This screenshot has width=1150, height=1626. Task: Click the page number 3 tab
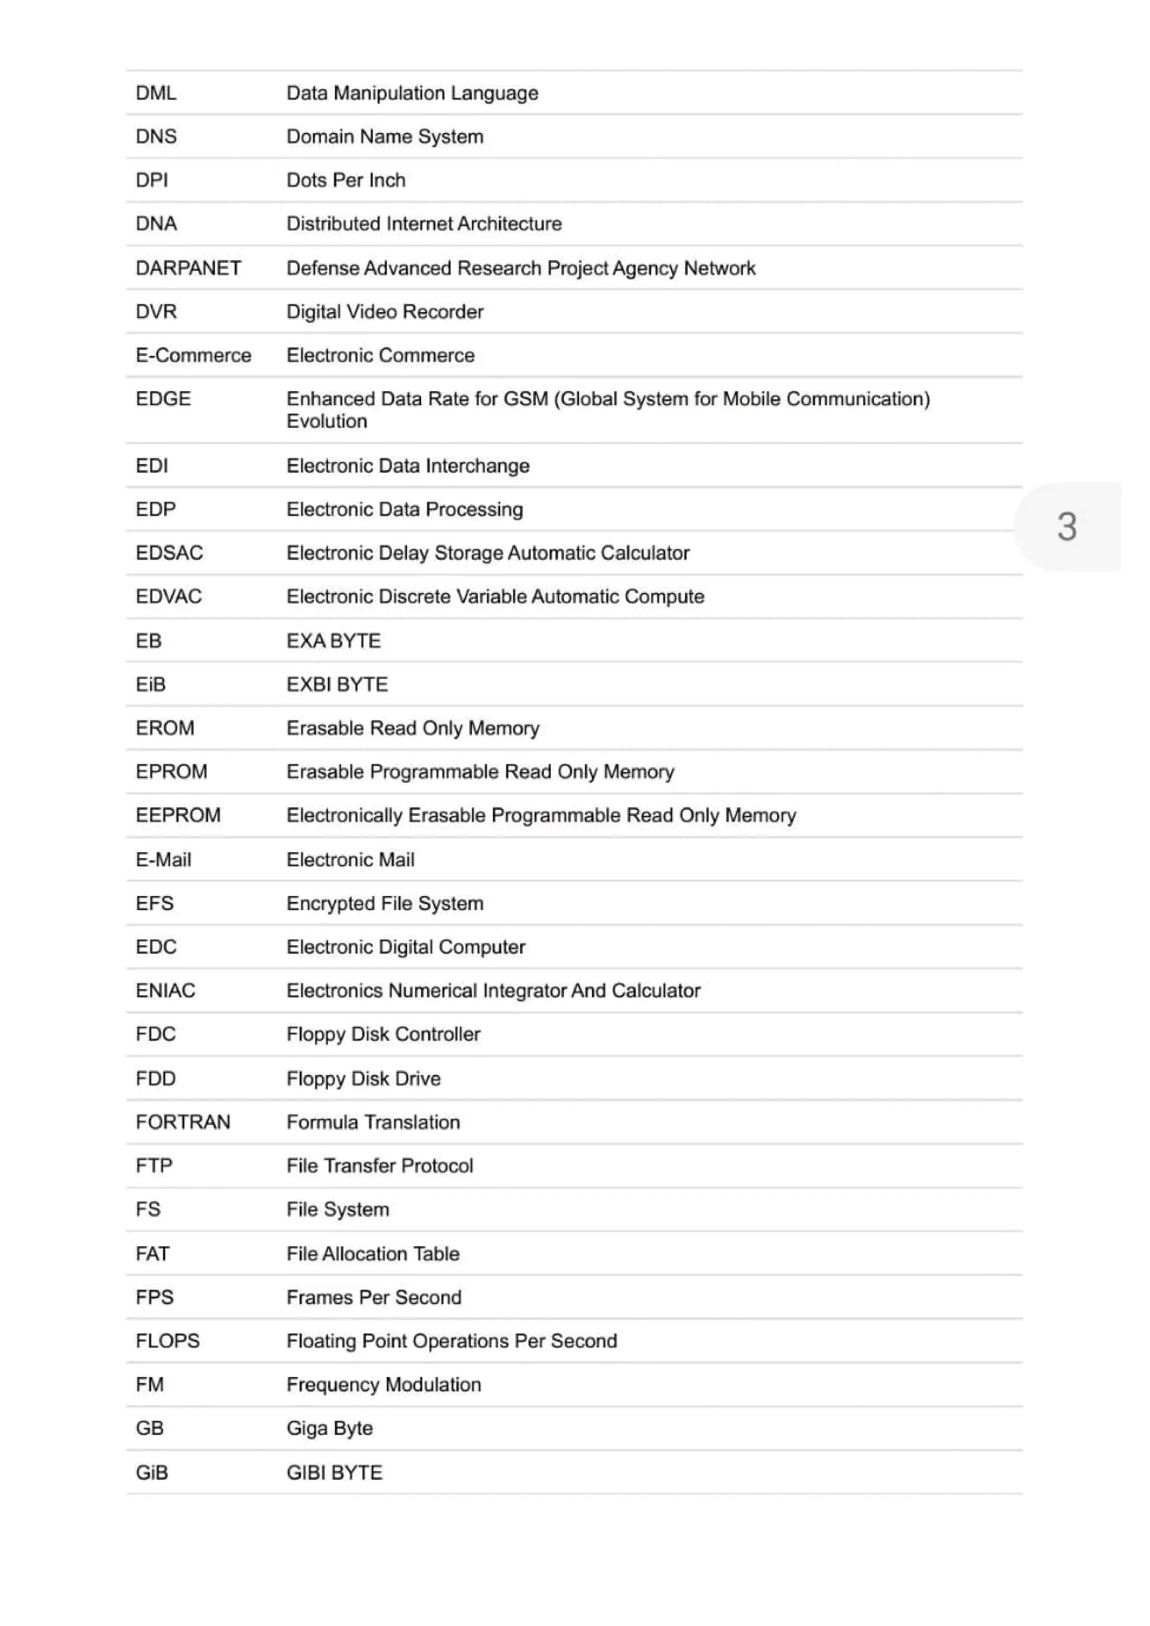[x=1066, y=526]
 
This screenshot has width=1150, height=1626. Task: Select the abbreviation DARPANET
[x=188, y=268]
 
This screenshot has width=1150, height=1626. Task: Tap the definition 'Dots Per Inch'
[x=345, y=180]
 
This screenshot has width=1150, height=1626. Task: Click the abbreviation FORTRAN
[x=182, y=1122]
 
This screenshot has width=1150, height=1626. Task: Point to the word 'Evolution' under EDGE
[x=326, y=421]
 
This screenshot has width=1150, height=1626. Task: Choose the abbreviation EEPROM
[x=178, y=814]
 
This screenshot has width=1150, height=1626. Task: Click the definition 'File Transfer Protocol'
[x=380, y=1165]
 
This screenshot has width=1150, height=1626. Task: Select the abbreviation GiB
[x=152, y=1472]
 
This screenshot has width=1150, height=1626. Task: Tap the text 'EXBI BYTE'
[x=337, y=684]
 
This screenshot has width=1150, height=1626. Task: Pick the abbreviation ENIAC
[x=165, y=990]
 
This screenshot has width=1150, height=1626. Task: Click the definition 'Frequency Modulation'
[x=383, y=1384]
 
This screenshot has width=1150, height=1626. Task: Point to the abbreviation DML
[x=156, y=93]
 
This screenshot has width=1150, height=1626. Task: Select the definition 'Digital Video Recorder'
[x=385, y=312]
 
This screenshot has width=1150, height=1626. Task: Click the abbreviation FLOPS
[x=167, y=1341]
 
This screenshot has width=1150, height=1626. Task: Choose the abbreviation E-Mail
[x=163, y=859]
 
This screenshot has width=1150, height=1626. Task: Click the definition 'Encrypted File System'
[x=385, y=903]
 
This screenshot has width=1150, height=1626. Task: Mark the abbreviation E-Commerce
[x=193, y=355]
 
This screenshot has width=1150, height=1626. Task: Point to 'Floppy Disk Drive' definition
[x=363, y=1078]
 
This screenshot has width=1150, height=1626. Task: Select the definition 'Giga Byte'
[x=329, y=1428]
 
